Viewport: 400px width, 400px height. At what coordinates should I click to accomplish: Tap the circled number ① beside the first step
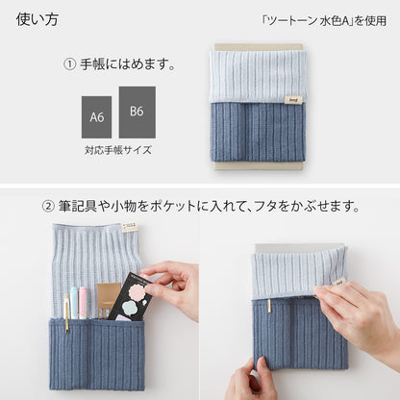click(70, 64)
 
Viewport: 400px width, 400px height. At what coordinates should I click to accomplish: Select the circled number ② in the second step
click(49, 205)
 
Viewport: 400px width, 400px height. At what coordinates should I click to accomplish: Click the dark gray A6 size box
click(96, 115)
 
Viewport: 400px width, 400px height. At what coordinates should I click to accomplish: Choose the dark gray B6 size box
click(137, 112)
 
